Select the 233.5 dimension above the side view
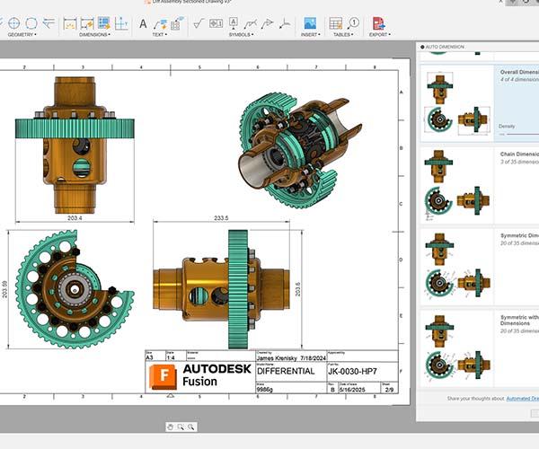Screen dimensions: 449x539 (220, 217)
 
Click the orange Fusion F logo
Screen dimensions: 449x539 (163, 375)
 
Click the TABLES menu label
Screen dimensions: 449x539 (342, 35)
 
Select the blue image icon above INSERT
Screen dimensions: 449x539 (310, 22)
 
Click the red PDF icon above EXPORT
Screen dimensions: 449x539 (379, 22)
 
